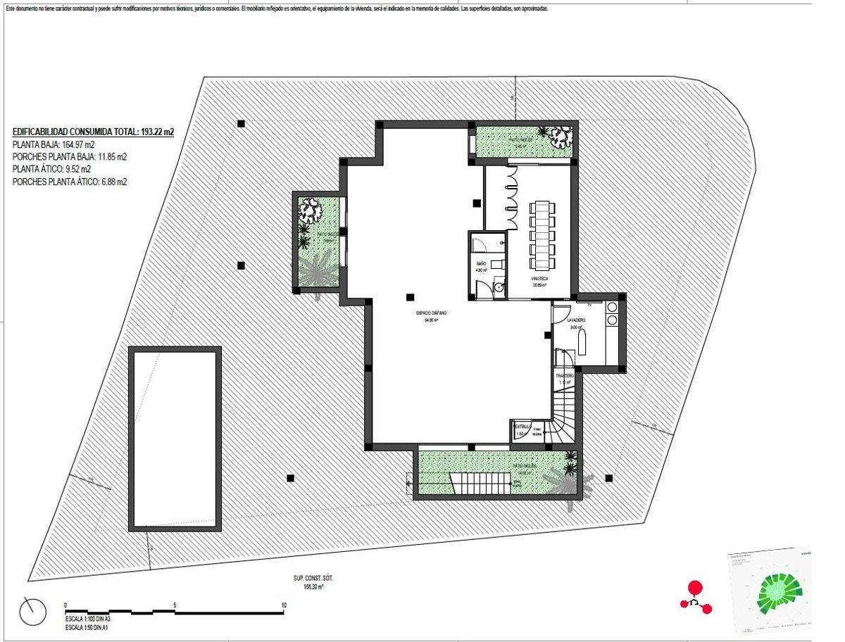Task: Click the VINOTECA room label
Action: pos(539,279)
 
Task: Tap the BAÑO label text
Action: pos(482,264)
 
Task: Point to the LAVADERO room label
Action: pos(578,320)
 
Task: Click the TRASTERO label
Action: pos(565,377)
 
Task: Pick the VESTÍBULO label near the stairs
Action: pos(522,427)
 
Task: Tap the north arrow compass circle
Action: pos(32,612)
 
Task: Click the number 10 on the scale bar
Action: pos(283,605)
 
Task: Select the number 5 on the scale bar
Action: pos(174,605)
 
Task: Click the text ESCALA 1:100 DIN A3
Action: pos(89,618)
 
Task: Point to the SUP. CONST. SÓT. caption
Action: pos(313,578)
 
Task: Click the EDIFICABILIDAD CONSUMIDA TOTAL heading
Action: pos(93,132)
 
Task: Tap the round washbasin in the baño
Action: pos(499,287)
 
